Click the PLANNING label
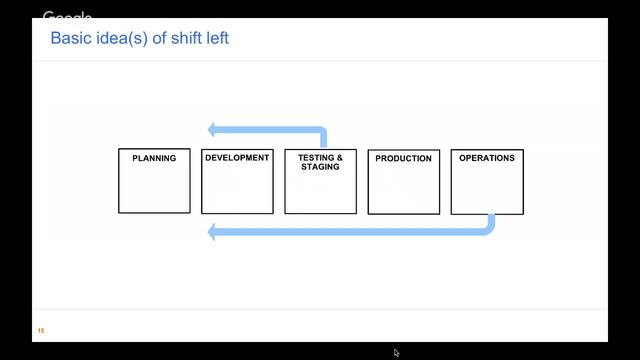154,158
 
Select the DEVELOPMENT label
237,158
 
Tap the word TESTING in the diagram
315,158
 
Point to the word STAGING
320,167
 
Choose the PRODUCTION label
404,158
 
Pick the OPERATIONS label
487,158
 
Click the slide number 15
41,331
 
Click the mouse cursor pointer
396,352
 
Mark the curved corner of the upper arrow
321,132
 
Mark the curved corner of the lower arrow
489,228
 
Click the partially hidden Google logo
67,17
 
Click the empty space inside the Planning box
154,190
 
